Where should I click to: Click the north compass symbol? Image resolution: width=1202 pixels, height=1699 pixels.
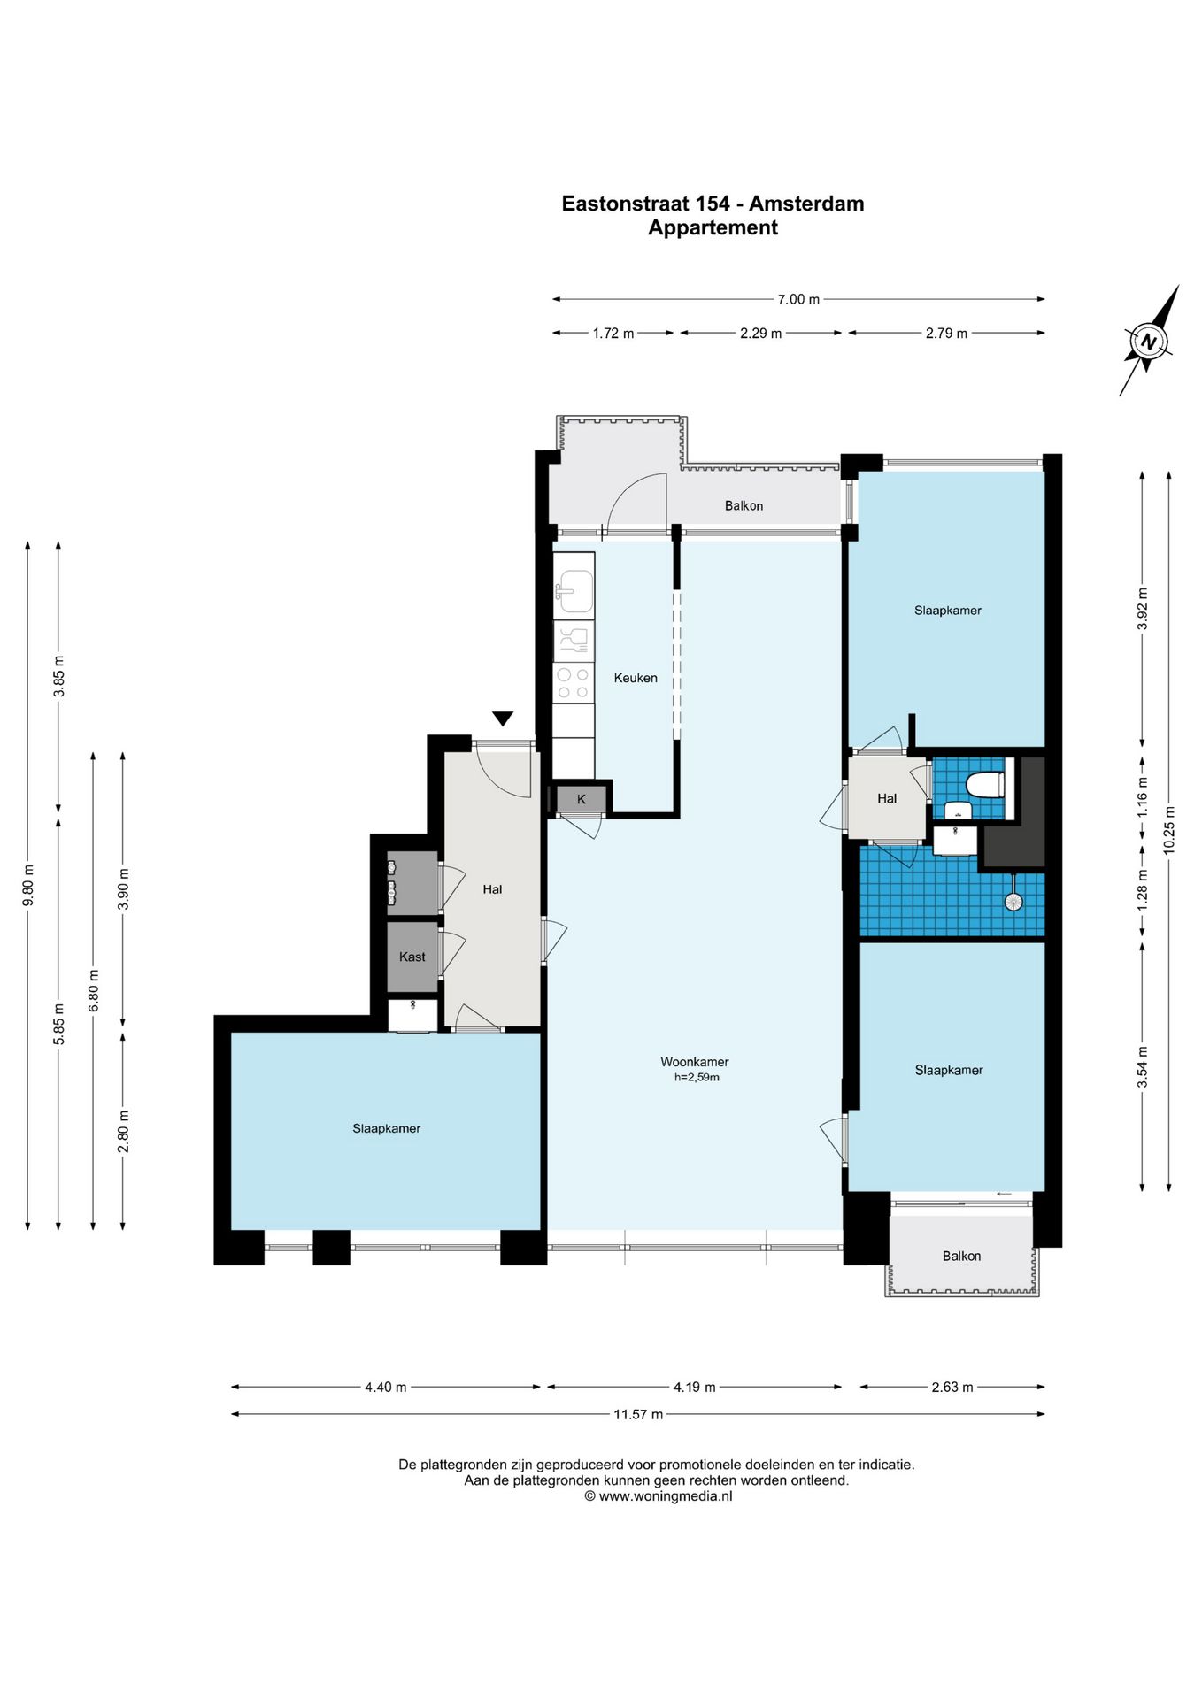(x=1149, y=342)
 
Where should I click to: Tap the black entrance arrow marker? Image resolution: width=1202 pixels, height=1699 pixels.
(x=503, y=719)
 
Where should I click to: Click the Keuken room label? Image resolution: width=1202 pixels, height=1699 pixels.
(x=636, y=678)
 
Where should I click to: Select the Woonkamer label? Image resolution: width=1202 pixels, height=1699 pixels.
(x=695, y=1062)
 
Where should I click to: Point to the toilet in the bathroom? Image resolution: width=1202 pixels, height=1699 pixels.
(x=985, y=784)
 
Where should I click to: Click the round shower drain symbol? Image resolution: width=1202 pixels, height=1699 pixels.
(x=1013, y=902)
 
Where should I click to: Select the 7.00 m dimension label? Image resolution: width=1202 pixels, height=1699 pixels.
(x=798, y=299)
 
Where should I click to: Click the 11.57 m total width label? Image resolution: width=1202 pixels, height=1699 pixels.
(x=638, y=1414)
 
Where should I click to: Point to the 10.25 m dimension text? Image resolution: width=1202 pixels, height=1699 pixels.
(x=1169, y=829)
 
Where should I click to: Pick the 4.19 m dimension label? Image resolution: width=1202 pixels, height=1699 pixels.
(x=694, y=1387)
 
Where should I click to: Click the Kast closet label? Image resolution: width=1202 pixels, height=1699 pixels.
(x=412, y=957)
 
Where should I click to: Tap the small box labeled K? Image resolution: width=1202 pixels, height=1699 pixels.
(x=582, y=799)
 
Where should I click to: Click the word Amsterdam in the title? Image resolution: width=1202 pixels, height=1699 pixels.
(x=806, y=204)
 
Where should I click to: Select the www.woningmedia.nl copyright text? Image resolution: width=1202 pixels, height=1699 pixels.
(x=658, y=1496)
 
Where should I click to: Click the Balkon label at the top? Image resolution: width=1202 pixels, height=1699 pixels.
(x=744, y=506)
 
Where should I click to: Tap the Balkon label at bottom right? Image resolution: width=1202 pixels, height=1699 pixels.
(x=961, y=1256)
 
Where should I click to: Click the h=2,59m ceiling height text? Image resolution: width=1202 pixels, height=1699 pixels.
(x=697, y=1078)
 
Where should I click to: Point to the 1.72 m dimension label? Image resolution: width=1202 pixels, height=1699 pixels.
(x=613, y=334)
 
